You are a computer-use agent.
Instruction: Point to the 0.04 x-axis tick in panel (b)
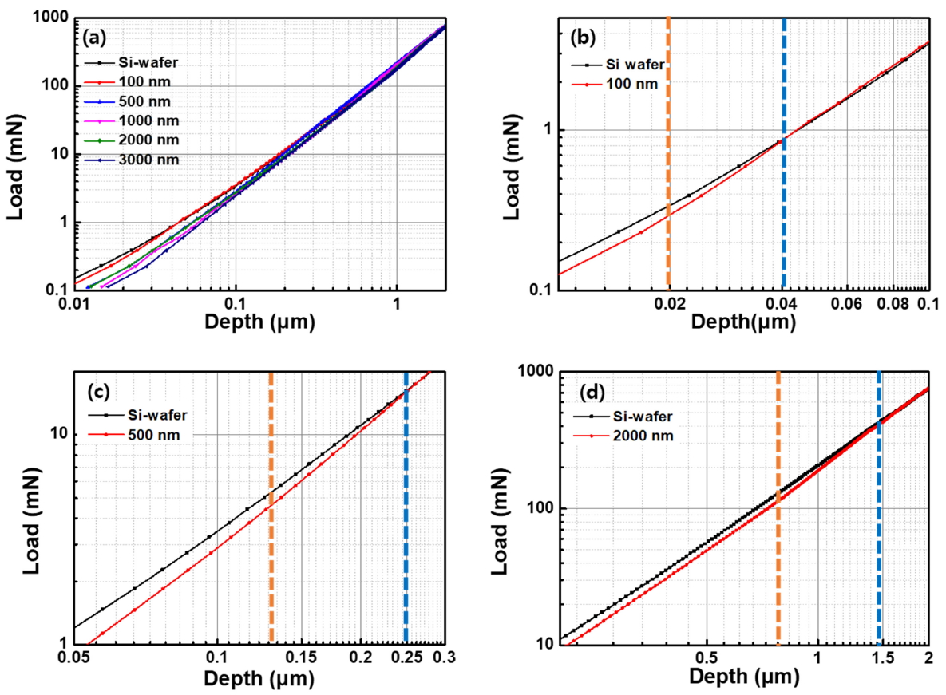point(782,305)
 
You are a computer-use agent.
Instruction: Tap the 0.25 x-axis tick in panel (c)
point(406,659)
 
